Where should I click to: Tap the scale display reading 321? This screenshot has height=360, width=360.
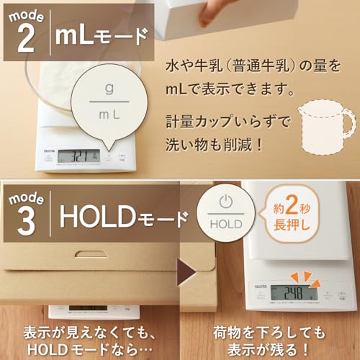click(78, 156)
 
